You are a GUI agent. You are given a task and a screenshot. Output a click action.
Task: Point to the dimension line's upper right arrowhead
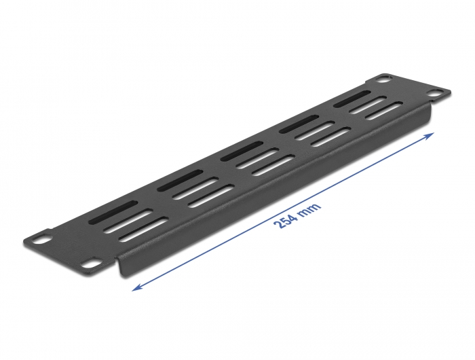[x=430, y=136]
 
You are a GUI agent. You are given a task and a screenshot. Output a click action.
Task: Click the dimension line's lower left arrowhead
[x=136, y=287]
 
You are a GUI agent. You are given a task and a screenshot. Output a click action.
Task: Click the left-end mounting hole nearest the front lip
[x=90, y=260]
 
